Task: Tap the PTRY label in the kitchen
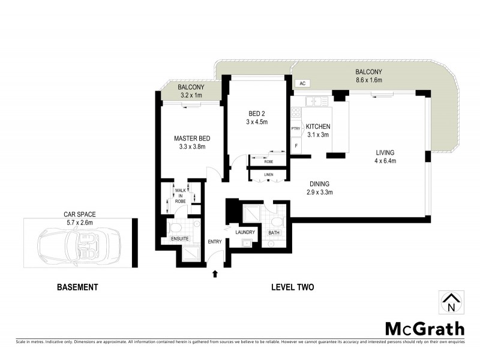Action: [295, 128]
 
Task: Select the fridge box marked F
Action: [295, 145]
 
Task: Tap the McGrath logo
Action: [424, 328]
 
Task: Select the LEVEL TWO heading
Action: [292, 287]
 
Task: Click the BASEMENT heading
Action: [77, 287]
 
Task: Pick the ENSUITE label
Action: [180, 239]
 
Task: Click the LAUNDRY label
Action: [245, 232]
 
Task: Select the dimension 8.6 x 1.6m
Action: [369, 80]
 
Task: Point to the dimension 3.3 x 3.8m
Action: [192, 146]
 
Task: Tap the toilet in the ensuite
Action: [176, 227]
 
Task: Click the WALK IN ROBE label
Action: [179, 196]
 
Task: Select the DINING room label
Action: [319, 184]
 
